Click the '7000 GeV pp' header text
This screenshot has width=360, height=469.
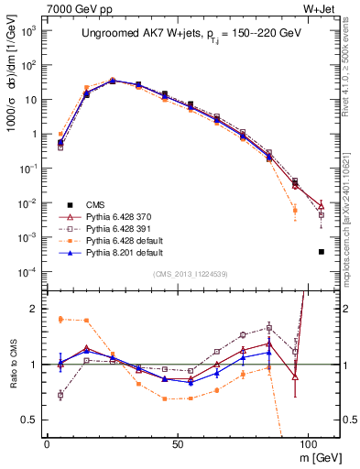click(x=75, y=8)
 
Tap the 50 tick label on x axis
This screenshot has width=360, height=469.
click(x=178, y=442)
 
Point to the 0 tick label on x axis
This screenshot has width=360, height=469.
click(x=47, y=442)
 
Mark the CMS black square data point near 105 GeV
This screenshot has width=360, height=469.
click(x=321, y=251)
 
